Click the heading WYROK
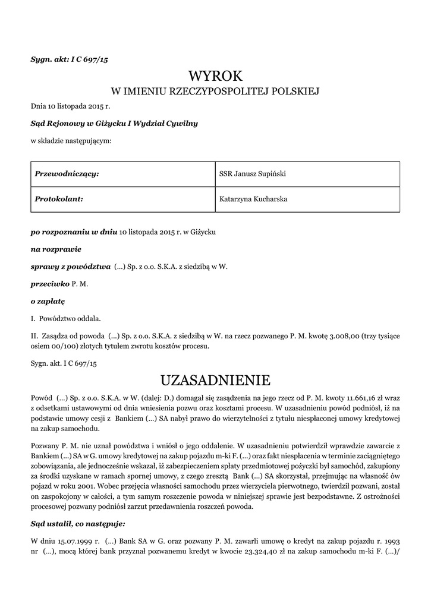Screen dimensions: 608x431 [x=215, y=76]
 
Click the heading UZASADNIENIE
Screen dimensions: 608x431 [x=215, y=379]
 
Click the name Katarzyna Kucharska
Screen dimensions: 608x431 [x=254, y=199]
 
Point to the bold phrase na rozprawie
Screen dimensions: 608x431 [x=56, y=249]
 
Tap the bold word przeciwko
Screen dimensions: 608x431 [x=50, y=284]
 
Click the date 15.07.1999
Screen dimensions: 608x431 [x=78, y=541]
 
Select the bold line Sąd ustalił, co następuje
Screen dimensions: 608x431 [x=78, y=524]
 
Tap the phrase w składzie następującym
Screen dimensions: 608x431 [x=71, y=141]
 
